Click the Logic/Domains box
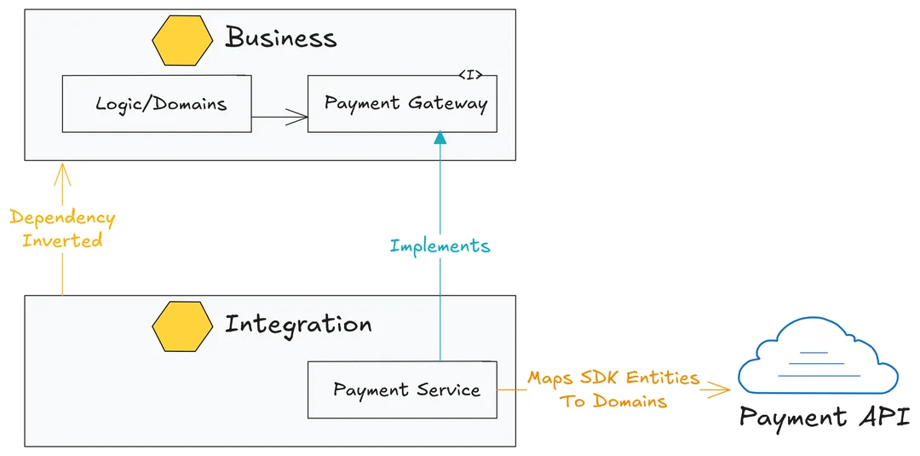pyautogui.click(x=157, y=104)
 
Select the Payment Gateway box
pyautogui.click(x=402, y=104)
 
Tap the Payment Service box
pyautogui.click(x=402, y=390)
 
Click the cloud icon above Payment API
pyautogui.click(x=818, y=356)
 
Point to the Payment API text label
pyautogui.click(x=825, y=418)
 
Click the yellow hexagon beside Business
pyautogui.click(x=182, y=40)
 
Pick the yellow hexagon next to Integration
pyautogui.click(x=182, y=326)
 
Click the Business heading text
pyautogui.click(x=281, y=38)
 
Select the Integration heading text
pyautogui.click(x=298, y=325)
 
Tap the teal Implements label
pyautogui.click(x=440, y=246)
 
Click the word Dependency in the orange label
pyautogui.click(x=62, y=218)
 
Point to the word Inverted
pyautogui.click(x=62, y=240)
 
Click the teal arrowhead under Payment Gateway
pyautogui.click(x=440, y=137)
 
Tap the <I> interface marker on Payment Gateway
pyautogui.click(x=470, y=75)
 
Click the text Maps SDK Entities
pyautogui.click(x=613, y=378)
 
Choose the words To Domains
pyautogui.click(x=613, y=401)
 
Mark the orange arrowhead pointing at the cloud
pyautogui.click(x=724, y=390)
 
